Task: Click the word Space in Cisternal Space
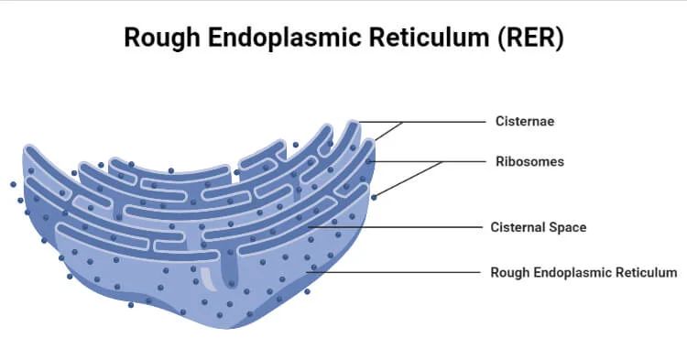[x=566, y=227]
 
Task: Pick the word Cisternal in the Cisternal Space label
[x=517, y=227]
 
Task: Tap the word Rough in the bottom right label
[x=508, y=272]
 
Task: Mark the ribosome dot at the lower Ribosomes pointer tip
[x=374, y=196]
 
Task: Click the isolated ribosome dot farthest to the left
[x=13, y=184]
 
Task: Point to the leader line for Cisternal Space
[x=403, y=227]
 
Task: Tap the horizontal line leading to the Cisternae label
[x=440, y=121]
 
